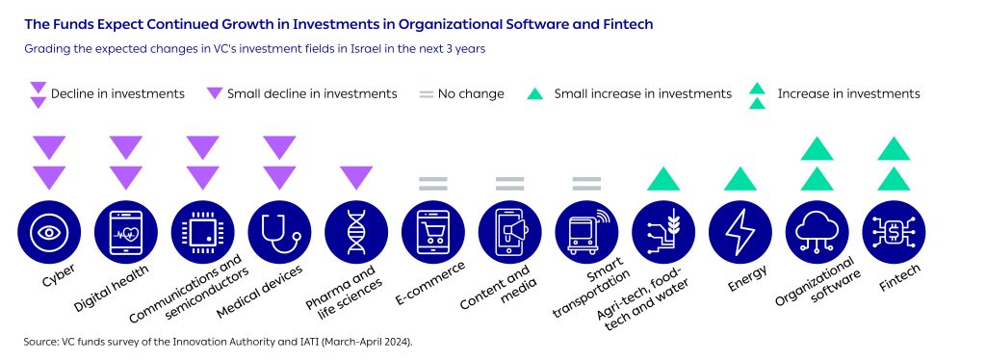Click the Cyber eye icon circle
pyautogui.click(x=49, y=232)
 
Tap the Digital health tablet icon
pyautogui.click(x=126, y=232)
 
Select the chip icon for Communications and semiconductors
pyautogui.click(x=202, y=232)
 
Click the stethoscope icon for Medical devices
pyautogui.click(x=279, y=232)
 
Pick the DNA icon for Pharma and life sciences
pyautogui.click(x=356, y=232)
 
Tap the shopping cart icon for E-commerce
pyautogui.click(x=433, y=232)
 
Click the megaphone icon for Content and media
pyautogui.click(x=510, y=232)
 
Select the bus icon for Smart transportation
pyautogui.click(x=586, y=232)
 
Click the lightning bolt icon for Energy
pyautogui.click(x=740, y=232)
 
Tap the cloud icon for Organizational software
pyautogui.click(x=817, y=232)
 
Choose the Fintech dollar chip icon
pyautogui.click(x=894, y=232)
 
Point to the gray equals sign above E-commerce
pyautogui.click(x=433, y=184)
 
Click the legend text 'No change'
pyautogui.click(x=471, y=94)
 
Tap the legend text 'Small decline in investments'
pyautogui.click(x=312, y=94)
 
